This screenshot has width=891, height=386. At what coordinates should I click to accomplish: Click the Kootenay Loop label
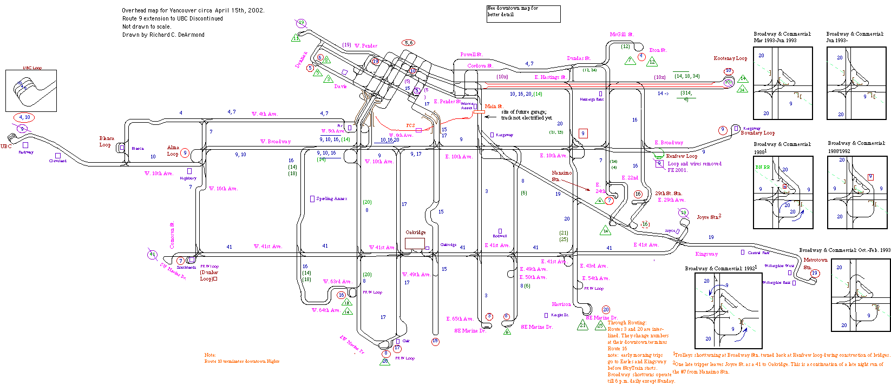(x=730, y=58)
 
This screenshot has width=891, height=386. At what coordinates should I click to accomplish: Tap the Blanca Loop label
(x=106, y=142)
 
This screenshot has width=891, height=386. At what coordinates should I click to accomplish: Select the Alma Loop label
(x=173, y=150)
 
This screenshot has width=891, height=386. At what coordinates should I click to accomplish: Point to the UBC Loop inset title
(x=32, y=68)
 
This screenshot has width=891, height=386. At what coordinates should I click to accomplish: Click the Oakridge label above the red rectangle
(x=415, y=232)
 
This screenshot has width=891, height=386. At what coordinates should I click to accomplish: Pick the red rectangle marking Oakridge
(x=415, y=243)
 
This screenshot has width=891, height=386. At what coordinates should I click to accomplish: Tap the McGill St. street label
(x=621, y=35)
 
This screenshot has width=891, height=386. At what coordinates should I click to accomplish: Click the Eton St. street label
(x=658, y=50)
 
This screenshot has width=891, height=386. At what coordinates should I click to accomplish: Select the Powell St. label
(x=471, y=55)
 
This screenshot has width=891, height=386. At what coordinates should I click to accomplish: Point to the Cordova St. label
(x=480, y=66)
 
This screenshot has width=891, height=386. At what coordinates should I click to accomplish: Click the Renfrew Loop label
(x=682, y=156)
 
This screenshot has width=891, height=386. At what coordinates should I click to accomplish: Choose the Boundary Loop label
(x=757, y=133)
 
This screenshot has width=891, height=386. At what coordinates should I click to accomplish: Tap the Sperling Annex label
(x=331, y=199)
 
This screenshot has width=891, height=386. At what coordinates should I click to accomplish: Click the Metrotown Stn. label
(x=815, y=263)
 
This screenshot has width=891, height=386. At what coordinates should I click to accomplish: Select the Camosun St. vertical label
(x=172, y=235)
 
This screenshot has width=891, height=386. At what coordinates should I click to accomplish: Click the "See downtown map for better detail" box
(x=523, y=14)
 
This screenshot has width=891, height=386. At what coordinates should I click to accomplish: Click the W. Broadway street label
(x=276, y=142)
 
